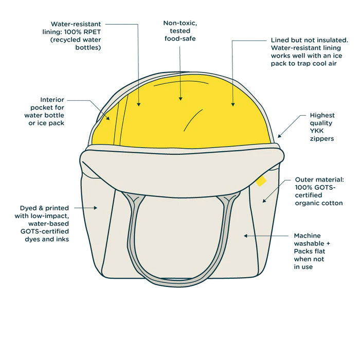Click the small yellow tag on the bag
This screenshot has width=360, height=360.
[261, 181]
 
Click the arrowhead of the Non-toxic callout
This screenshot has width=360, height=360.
[181, 99]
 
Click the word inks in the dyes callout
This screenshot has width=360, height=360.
[60, 239]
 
